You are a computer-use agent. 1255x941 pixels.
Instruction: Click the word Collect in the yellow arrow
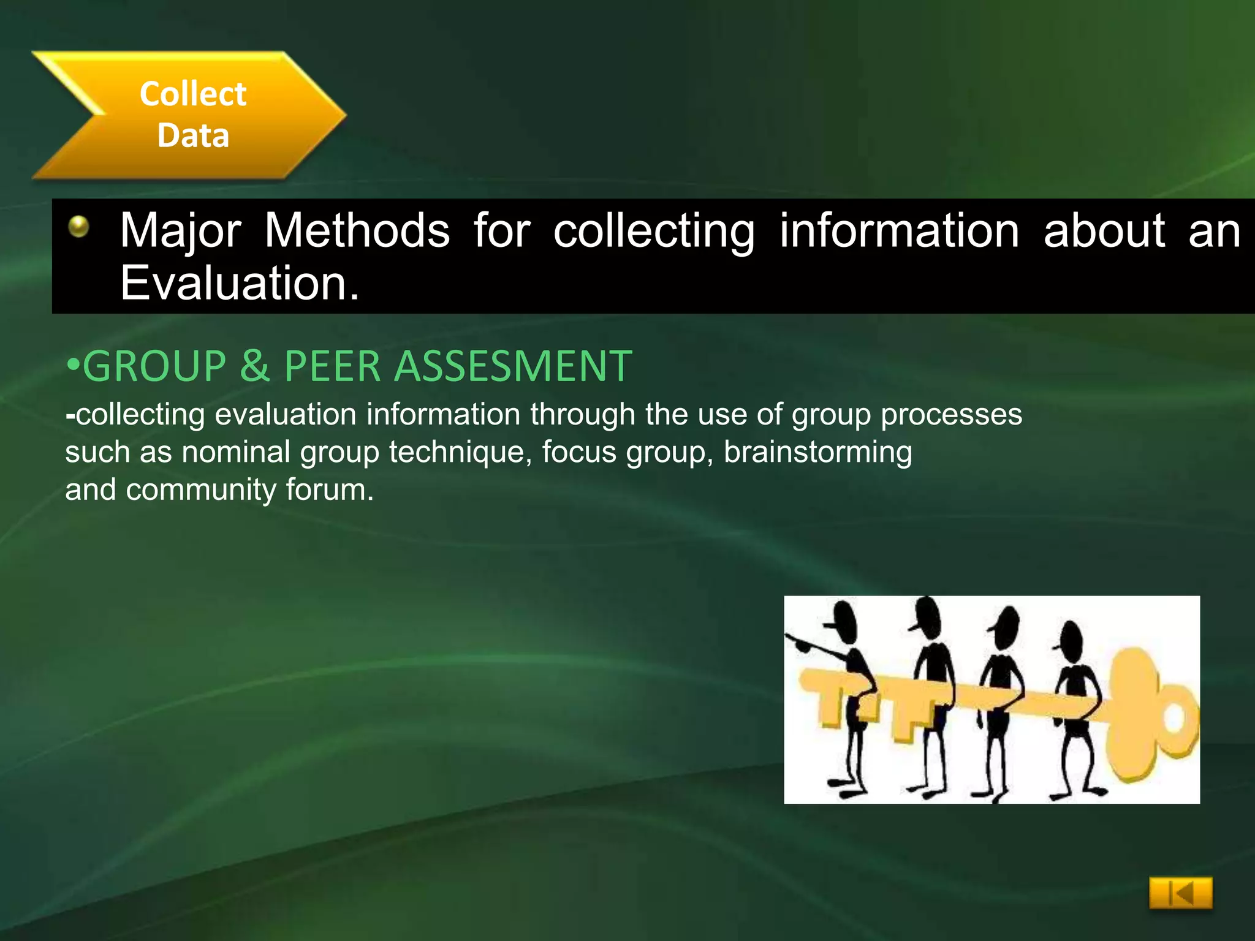(x=193, y=94)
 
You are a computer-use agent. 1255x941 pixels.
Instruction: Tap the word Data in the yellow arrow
(x=193, y=135)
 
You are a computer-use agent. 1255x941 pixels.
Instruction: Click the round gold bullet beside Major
(x=78, y=227)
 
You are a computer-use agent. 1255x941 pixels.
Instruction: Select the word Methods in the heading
(x=357, y=230)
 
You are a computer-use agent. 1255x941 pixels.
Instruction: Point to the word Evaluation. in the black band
(x=240, y=283)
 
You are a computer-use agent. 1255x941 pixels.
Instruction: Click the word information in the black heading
(x=900, y=230)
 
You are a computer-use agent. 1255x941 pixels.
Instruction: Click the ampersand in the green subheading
(x=255, y=366)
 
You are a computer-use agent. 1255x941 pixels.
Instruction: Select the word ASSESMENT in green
(x=512, y=366)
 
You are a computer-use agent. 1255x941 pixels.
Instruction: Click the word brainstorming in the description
(x=817, y=452)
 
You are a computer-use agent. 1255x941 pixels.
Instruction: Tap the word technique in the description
(x=460, y=452)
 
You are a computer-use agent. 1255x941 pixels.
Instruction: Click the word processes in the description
(x=951, y=414)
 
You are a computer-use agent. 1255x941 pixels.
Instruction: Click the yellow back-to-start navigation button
(x=1180, y=893)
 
